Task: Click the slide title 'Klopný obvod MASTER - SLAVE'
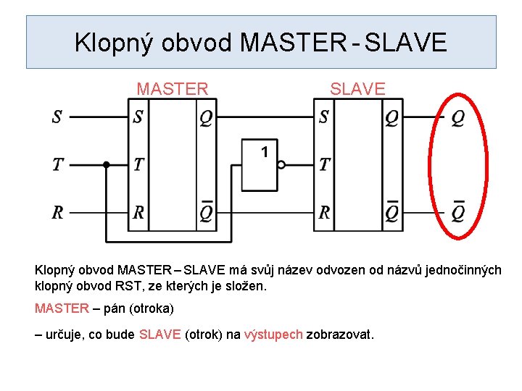(x=261, y=43)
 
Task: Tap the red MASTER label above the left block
(x=173, y=89)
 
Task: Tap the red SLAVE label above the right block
(x=357, y=89)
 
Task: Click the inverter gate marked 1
(x=259, y=165)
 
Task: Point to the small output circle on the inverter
(x=281, y=165)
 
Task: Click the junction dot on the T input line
(x=106, y=165)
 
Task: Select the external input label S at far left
(x=57, y=117)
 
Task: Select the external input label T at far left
(x=57, y=165)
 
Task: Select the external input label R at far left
(x=57, y=213)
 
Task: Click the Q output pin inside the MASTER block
(x=206, y=117)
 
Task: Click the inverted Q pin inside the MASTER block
(x=206, y=211)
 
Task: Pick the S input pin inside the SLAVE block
(x=323, y=117)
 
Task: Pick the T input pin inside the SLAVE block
(x=324, y=165)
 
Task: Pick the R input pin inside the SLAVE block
(x=324, y=213)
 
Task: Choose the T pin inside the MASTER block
(x=138, y=165)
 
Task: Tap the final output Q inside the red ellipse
(x=457, y=117)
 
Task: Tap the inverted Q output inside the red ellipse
(x=457, y=211)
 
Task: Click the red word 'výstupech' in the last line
(x=273, y=335)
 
